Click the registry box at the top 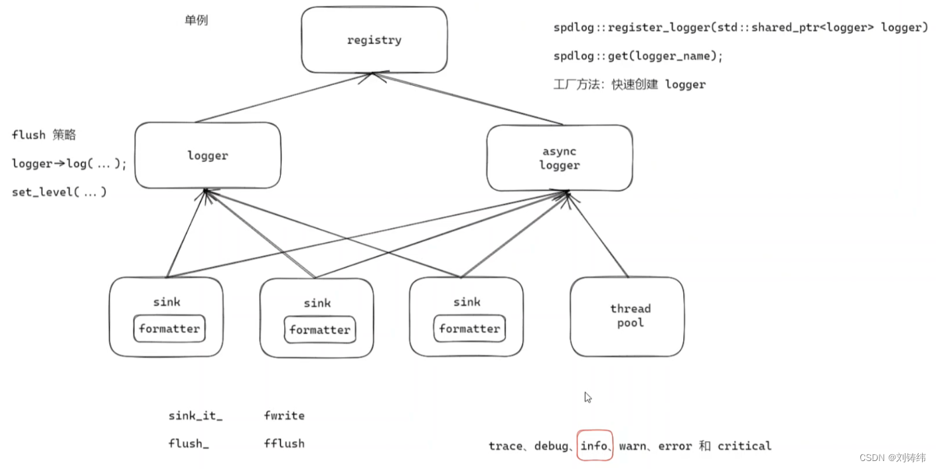click(374, 40)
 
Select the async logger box click(559, 158)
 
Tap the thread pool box click(627, 316)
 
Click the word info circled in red click(593, 446)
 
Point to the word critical click(744, 446)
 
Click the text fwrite click(284, 416)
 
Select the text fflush click(284, 443)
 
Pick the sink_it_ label click(195, 416)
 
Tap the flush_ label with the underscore click(189, 443)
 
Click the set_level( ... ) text click(59, 192)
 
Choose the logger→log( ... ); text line click(69, 163)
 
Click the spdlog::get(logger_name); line click(637, 56)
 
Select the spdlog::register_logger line click(740, 27)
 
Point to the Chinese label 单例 click(196, 20)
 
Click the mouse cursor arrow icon click(587, 397)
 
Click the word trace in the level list click(505, 446)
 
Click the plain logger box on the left click(207, 155)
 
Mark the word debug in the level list click(552, 446)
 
